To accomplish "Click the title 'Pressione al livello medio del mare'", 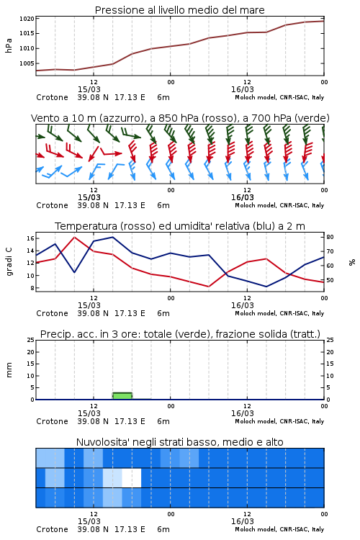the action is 179,10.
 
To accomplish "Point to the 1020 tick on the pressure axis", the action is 27,19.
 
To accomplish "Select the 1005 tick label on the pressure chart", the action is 27,63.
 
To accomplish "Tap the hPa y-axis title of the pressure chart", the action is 9,45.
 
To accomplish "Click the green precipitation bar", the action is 122,396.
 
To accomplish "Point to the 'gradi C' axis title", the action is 9,262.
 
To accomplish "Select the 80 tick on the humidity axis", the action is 330,237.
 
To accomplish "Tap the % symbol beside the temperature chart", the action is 352,262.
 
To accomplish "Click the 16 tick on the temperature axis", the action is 30,238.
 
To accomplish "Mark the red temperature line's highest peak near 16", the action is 74,238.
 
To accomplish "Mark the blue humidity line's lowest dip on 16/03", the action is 266,286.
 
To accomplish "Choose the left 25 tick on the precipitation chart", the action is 31,340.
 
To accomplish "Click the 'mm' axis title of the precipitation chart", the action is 9,370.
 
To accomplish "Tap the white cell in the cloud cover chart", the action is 132,477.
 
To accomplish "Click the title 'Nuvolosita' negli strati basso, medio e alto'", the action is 179,442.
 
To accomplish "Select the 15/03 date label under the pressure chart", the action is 89,89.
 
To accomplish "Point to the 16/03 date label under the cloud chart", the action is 243,521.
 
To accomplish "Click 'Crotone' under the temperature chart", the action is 52,313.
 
